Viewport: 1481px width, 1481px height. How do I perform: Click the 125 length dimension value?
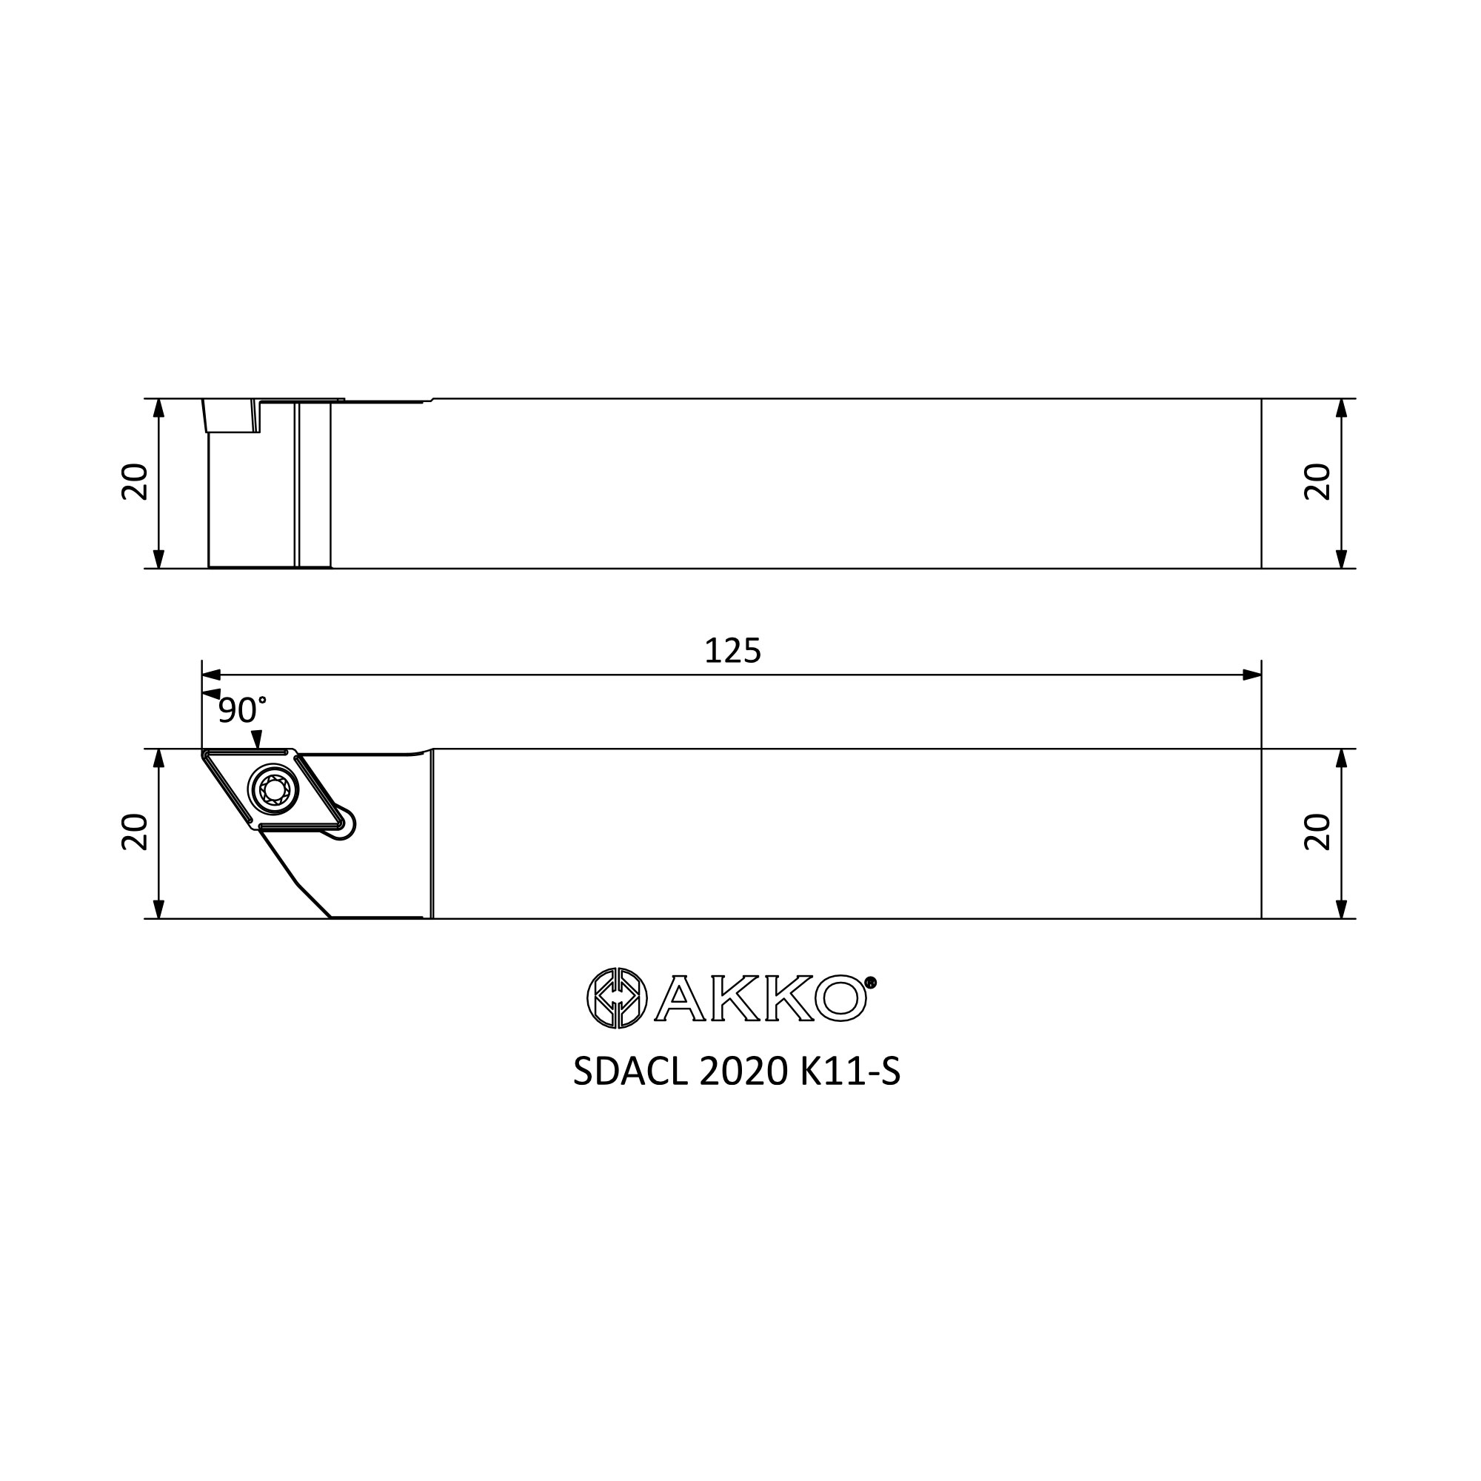733,651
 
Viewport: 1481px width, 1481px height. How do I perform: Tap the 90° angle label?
242,711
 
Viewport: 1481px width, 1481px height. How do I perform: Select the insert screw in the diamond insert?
274,789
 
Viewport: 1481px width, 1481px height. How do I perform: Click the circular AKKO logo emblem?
617,998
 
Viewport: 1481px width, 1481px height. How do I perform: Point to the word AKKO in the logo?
760,998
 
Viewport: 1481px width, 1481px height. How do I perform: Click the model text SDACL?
630,1072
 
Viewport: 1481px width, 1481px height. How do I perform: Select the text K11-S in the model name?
850,1072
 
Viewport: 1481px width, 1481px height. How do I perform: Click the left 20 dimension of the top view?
135,482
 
